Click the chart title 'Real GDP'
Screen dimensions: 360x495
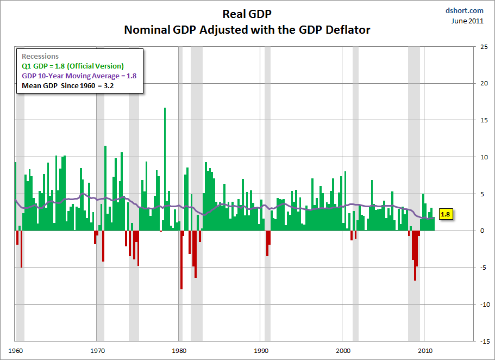pyautogui.click(x=247, y=14)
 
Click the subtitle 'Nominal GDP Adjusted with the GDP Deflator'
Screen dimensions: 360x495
pyautogui.click(x=247, y=29)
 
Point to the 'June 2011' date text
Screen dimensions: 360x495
pyautogui.click(x=468, y=21)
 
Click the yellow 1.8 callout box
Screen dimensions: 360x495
pyautogui.click(x=445, y=214)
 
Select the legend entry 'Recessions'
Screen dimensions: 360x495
pyautogui.click(x=40, y=57)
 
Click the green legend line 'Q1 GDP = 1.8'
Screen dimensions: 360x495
pyautogui.click(x=72, y=66)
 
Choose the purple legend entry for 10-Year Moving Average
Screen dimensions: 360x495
pyautogui.click(x=79, y=76)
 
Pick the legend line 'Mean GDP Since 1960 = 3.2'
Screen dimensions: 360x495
pyautogui.click(x=67, y=86)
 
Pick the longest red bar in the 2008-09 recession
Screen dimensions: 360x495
pyautogui.click(x=415, y=256)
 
